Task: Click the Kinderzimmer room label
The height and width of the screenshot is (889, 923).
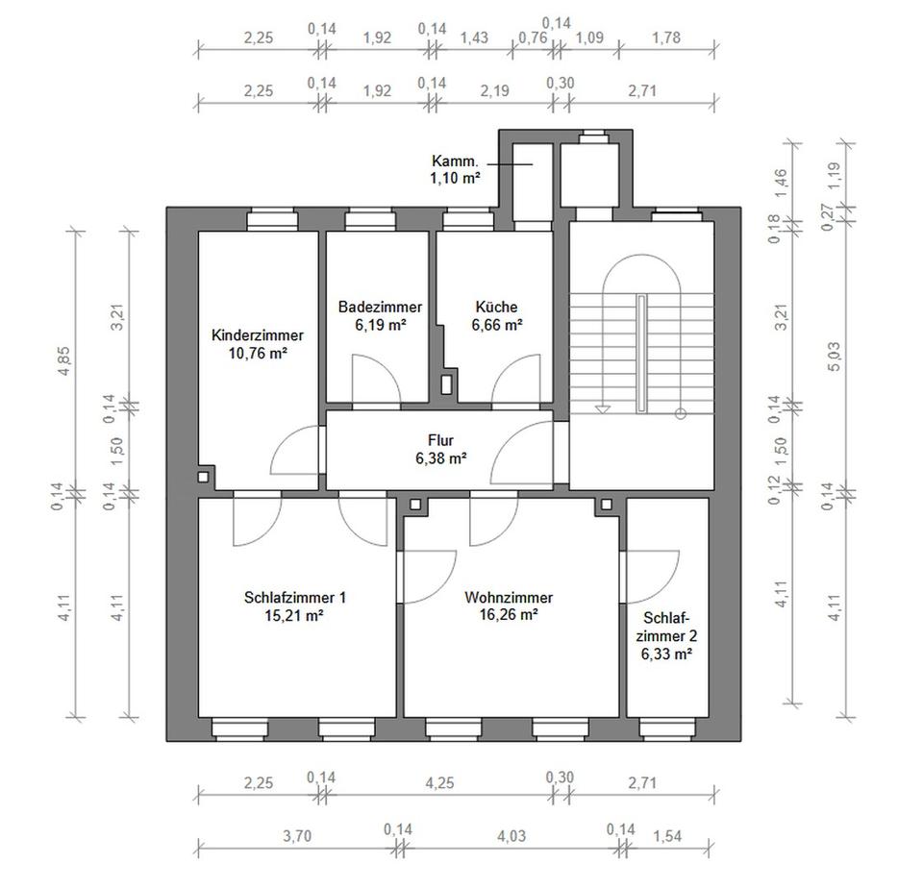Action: click(x=257, y=335)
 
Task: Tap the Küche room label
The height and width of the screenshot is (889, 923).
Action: click(x=496, y=308)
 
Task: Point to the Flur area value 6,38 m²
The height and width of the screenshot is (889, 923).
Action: click(x=441, y=458)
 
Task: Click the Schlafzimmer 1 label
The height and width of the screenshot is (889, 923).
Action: click(x=295, y=598)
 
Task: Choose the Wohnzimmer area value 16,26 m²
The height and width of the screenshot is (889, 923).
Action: click(x=508, y=615)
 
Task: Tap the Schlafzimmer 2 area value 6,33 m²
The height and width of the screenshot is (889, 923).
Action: click(x=667, y=654)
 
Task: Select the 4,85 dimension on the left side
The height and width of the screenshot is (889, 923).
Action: click(x=65, y=358)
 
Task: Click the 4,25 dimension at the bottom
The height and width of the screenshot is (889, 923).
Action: click(x=439, y=782)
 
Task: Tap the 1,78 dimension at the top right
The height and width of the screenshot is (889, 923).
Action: click(x=665, y=38)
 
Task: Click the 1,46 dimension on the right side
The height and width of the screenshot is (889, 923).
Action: click(x=781, y=180)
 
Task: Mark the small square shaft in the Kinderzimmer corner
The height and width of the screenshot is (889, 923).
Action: click(x=204, y=476)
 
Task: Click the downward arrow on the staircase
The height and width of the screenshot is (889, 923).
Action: click(x=603, y=407)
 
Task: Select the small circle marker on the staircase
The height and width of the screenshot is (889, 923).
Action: click(x=681, y=414)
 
